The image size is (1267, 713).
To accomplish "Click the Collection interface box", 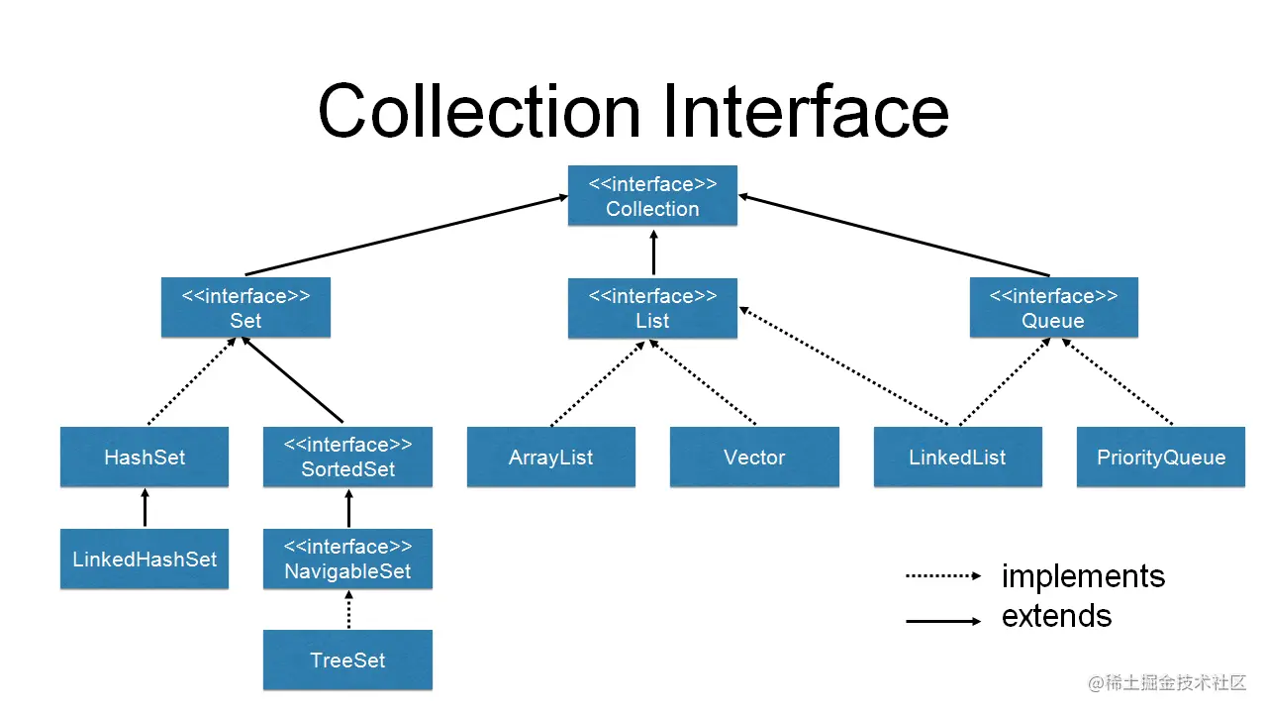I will [652, 196].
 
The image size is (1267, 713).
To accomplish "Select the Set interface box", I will [245, 308].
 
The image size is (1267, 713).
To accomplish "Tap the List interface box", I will [652, 308].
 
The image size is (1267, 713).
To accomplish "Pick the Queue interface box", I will [1053, 308].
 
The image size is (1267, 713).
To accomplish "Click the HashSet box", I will [145, 458].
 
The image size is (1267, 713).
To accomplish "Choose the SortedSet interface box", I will [347, 458].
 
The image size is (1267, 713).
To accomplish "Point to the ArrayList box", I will [550, 458].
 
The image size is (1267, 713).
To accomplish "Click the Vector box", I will [754, 458].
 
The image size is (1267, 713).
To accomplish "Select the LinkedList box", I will [957, 458].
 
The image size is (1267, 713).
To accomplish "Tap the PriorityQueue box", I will [1160, 458].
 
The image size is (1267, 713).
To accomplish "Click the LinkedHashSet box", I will [145, 560].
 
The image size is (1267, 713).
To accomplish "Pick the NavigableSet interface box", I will [347, 560].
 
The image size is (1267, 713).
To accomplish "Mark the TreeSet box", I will [347, 661].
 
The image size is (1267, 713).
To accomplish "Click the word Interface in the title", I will [805, 111].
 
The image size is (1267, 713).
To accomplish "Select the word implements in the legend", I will [1083, 576].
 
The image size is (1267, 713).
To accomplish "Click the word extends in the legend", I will [1056, 616].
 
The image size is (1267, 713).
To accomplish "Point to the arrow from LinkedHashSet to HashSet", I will [145, 508].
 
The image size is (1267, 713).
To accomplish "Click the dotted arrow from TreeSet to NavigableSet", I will [348, 610].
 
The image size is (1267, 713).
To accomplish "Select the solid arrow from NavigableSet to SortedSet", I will [348, 508].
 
